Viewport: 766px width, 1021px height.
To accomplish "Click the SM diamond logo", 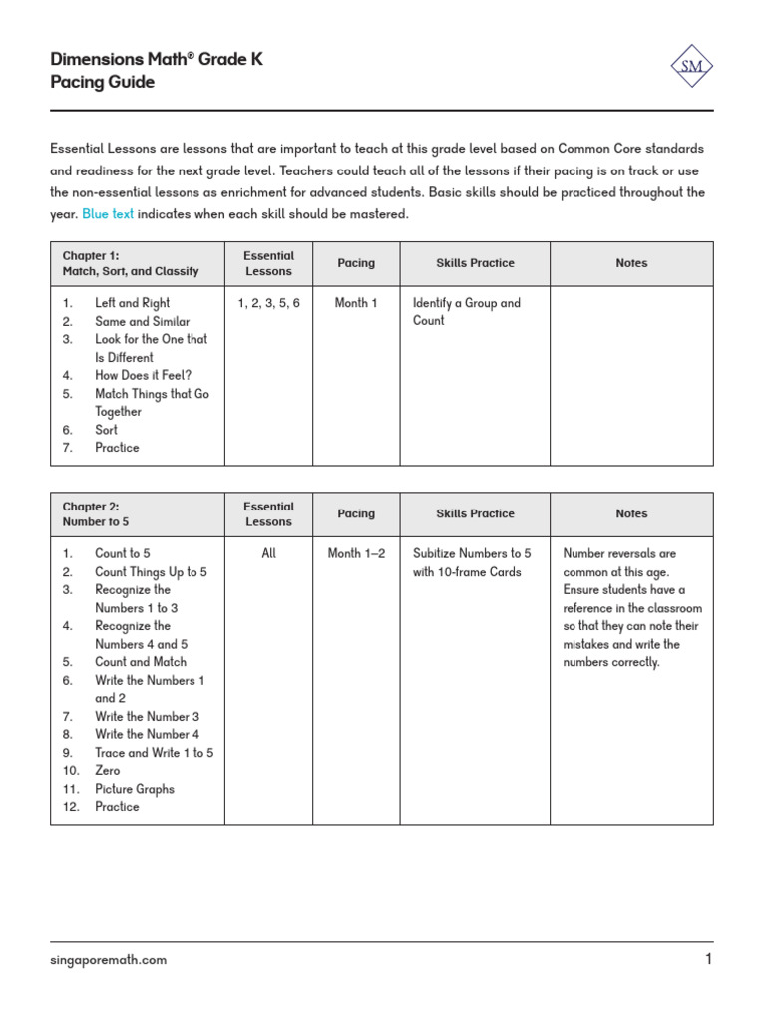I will tap(691, 67).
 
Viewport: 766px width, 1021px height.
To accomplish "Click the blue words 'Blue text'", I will tap(108, 214).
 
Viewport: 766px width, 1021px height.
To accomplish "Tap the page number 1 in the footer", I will tap(708, 960).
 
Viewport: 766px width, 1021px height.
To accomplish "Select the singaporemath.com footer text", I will tap(109, 960).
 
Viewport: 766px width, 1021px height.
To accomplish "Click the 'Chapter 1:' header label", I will tap(91, 255).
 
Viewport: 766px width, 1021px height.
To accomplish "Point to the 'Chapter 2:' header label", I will tap(91, 506).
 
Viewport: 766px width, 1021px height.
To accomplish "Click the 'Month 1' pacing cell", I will tap(356, 303).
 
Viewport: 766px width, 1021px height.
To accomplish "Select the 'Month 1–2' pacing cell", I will tap(356, 553).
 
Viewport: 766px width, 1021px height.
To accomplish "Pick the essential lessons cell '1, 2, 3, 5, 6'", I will tap(268, 303).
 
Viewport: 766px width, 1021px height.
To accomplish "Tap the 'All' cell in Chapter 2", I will tap(268, 553).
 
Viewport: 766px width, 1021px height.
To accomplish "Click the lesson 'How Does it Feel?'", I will tap(143, 376).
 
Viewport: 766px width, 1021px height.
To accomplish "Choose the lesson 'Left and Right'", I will tap(132, 303).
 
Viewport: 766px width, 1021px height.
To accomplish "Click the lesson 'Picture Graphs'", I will tap(134, 789).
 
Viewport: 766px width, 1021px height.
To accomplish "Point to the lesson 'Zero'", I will tap(107, 771).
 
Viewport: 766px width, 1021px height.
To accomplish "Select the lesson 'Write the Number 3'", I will tap(147, 716).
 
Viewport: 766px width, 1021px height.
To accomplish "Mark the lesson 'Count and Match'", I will tap(140, 662).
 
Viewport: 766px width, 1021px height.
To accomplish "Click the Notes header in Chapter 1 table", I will tap(631, 263).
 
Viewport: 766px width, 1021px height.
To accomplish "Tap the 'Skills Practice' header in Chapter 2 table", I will tap(475, 513).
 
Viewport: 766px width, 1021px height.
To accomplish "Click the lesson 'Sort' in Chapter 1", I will tap(106, 430).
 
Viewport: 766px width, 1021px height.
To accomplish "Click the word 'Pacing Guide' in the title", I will tap(102, 83).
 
